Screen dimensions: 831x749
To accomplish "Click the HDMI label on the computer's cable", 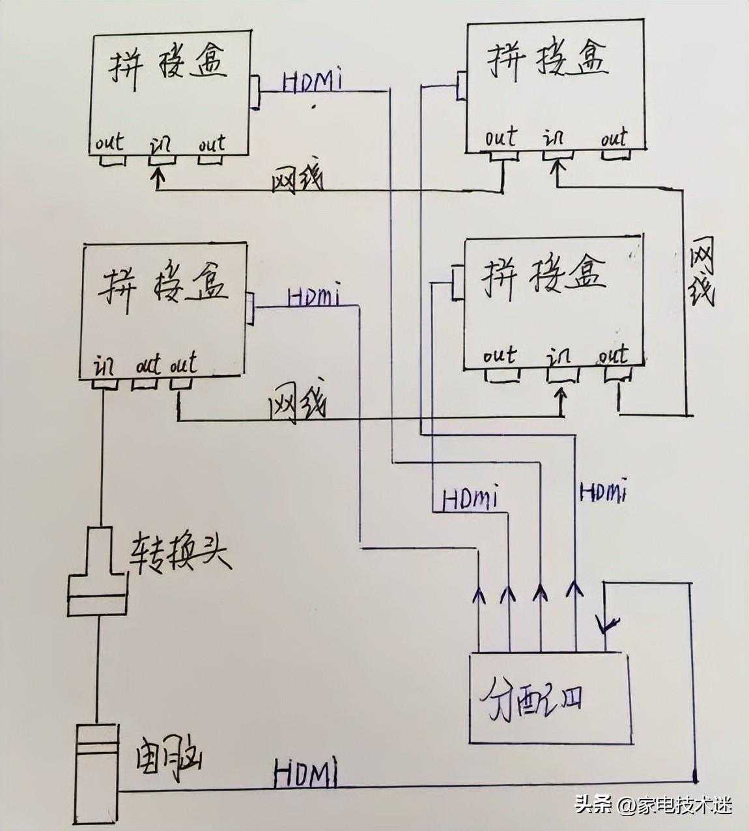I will click(x=306, y=774).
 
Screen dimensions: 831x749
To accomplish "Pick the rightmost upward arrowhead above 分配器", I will click(x=574, y=587).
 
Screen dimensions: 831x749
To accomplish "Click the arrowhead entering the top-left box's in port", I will click(x=157, y=175).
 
